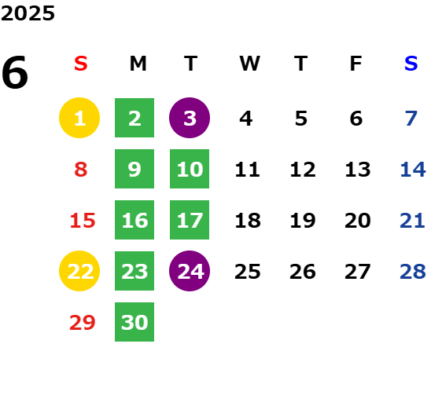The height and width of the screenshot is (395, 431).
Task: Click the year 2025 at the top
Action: point(28,13)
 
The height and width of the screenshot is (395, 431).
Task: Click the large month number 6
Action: point(15,72)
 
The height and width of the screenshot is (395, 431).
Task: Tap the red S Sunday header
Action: point(81,64)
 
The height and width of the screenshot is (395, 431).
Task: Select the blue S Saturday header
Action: point(411,64)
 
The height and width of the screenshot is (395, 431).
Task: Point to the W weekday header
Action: point(249,64)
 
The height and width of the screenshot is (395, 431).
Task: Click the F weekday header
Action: point(356,64)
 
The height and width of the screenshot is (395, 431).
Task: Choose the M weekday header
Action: point(138,64)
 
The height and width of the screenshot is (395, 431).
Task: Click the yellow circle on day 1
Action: point(79,118)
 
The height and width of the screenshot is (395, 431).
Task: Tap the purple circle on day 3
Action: point(190,118)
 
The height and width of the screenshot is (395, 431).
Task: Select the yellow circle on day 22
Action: point(79,271)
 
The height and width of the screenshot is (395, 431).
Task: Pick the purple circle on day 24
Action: point(190,271)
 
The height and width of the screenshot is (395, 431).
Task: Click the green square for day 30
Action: point(134,322)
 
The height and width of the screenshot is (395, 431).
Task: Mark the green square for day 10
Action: point(190,169)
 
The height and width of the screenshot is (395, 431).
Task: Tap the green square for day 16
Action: point(134,220)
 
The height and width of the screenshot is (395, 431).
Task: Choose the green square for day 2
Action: point(134,118)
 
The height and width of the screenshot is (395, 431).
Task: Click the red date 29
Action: point(82,322)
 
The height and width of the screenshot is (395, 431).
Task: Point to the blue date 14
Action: point(413,169)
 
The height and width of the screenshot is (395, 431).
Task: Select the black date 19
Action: point(303,220)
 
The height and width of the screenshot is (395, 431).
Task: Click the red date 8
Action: point(81,169)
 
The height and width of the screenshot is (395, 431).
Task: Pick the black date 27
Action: point(358,272)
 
